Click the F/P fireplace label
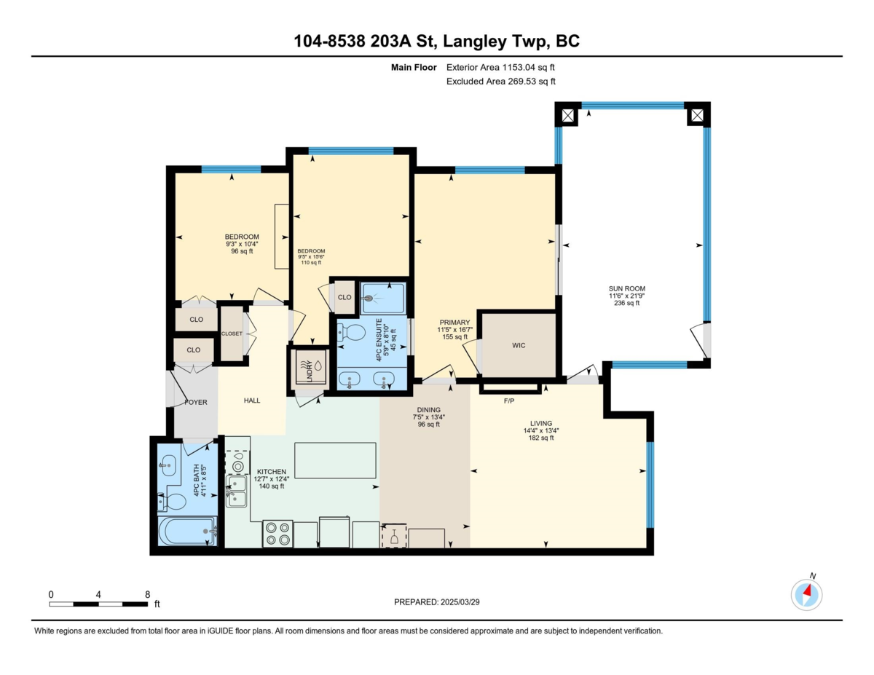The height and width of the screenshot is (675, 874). [509, 400]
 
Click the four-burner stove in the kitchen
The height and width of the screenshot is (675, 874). [277, 534]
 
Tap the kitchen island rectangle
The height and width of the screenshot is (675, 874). [335, 460]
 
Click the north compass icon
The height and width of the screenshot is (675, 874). [806, 594]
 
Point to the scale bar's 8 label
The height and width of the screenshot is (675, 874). [147, 594]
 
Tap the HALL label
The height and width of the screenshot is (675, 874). [252, 400]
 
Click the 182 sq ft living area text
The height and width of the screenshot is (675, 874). [540, 438]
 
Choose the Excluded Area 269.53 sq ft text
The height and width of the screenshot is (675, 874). [500, 82]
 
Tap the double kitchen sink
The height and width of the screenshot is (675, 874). [237, 489]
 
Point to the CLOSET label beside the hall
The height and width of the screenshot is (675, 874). [232, 333]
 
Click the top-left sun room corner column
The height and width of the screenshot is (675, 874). [567, 114]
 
